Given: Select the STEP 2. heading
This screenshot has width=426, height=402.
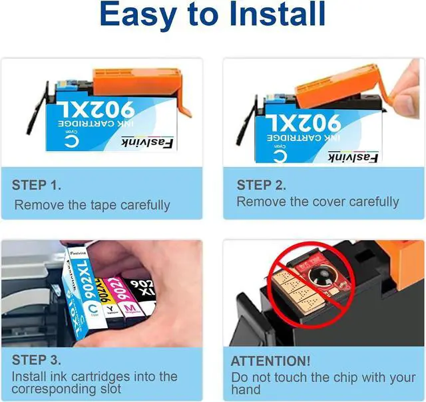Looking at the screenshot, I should pyautogui.click(x=262, y=185).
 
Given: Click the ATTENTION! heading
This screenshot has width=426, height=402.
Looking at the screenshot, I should pyautogui.click(x=270, y=361).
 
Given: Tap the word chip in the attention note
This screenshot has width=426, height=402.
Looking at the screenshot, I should pyautogui.click(x=338, y=377).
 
